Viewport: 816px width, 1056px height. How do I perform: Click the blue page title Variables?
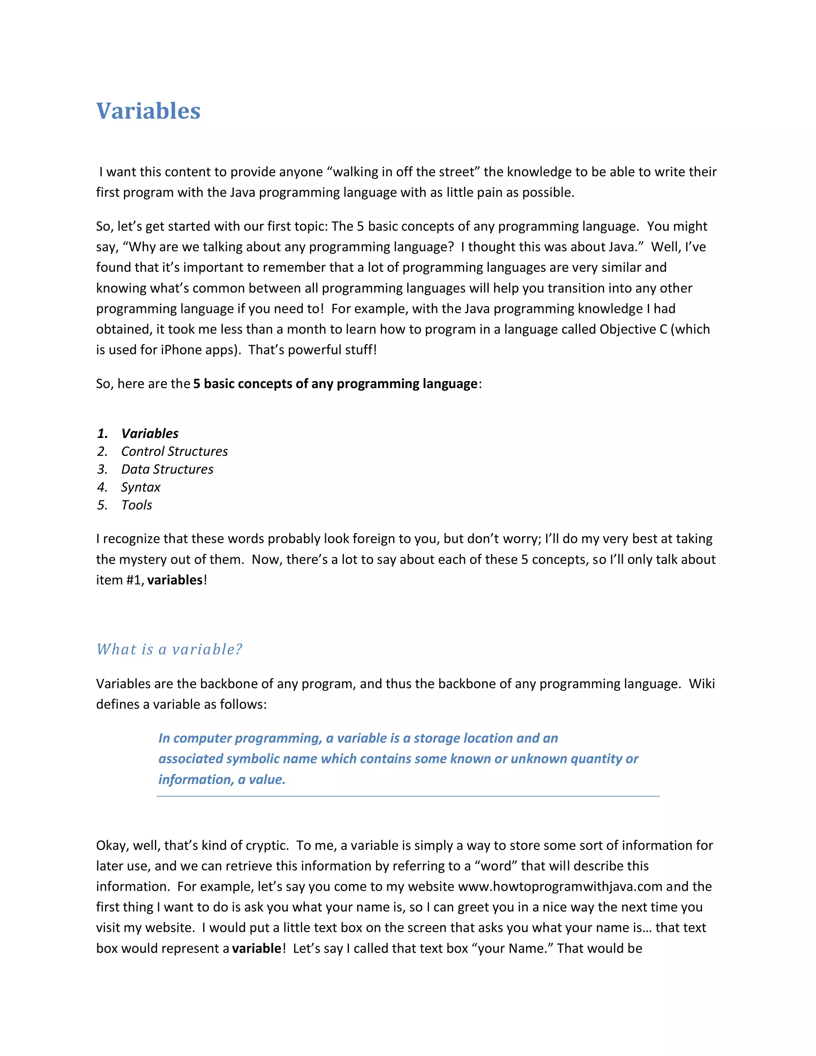coord(148,111)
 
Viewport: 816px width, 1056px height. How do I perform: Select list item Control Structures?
coord(174,451)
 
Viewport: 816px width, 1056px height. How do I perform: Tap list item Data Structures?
coord(167,469)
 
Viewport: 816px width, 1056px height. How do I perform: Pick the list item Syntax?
coord(140,487)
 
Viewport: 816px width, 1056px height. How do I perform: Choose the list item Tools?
coord(136,505)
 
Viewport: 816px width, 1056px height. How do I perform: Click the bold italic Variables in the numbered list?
coord(149,433)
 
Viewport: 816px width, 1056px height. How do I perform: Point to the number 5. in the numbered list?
coord(102,505)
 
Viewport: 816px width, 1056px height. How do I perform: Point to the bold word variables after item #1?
coord(175,580)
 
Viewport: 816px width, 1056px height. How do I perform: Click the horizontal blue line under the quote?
coord(408,796)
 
